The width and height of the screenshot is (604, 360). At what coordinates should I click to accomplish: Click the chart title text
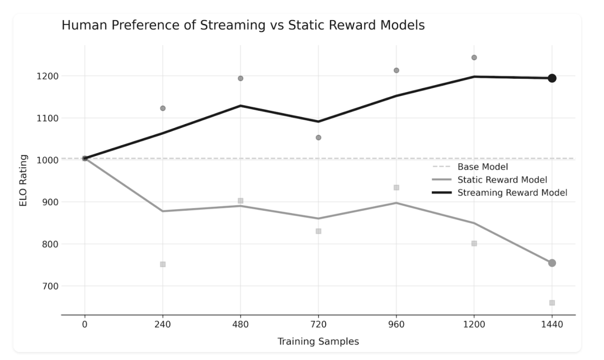click(x=243, y=25)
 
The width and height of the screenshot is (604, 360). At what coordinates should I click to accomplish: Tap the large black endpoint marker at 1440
click(x=551, y=78)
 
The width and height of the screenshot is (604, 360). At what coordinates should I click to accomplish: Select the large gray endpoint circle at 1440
click(x=551, y=263)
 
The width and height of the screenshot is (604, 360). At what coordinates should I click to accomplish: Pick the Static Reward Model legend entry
click(x=502, y=179)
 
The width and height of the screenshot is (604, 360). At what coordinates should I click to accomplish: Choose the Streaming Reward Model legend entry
click(x=512, y=193)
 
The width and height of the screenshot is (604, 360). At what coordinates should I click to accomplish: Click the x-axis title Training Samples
click(x=318, y=341)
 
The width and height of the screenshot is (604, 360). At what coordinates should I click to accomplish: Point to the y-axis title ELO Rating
click(x=23, y=181)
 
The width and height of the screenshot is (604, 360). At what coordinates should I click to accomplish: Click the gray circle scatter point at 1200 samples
click(x=474, y=58)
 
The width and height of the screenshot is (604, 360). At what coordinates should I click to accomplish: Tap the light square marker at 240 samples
click(x=163, y=264)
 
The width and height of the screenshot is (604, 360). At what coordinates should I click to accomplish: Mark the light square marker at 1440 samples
click(x=551, y=302)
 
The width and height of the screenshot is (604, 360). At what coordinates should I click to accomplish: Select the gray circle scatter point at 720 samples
click(x=318, y=138)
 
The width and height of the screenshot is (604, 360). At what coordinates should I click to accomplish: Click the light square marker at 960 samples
click(x=396, y=188)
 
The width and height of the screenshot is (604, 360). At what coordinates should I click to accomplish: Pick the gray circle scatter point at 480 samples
click(x=240, y=78)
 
